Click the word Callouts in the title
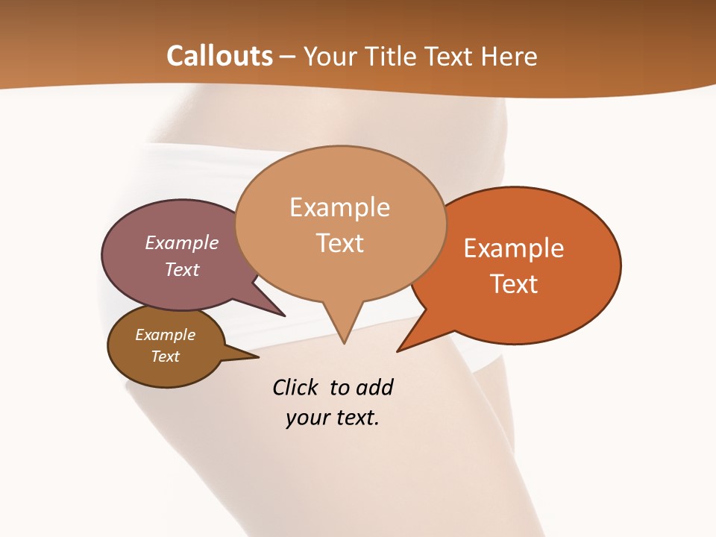[x=219, y=56]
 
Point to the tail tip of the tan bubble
[x=344, y=342]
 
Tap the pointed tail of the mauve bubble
[x=282, y=314]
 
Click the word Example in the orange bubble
[x=514, y=248]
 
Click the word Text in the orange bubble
[x=514, y=284]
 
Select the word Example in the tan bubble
[x=339, y=207]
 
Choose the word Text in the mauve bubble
[x=182, y=269]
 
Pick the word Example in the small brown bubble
[x=165, y=335]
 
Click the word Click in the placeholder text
[x=296, y=387]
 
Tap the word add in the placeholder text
[x=374, y=387]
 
